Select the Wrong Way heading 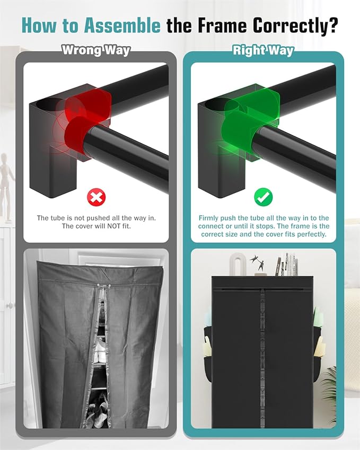[96, 50]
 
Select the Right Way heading [264, 50]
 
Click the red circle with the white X [96, 197]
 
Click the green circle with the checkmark [264, 197]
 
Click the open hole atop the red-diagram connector [48, 104]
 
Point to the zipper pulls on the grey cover [103, 286]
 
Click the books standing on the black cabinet [286, 264]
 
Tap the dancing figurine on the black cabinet [258, 262]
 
